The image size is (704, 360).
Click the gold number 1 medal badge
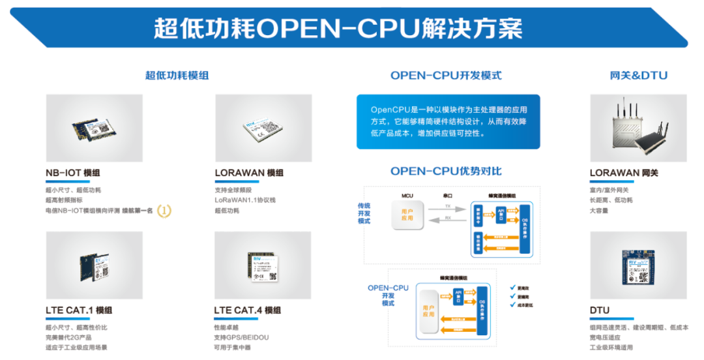coord(165,211)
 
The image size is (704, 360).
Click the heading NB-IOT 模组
coord(73,173)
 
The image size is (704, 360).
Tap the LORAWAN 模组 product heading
coord(249,173)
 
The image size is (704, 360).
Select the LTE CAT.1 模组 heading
coord(79,310)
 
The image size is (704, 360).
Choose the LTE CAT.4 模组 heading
coord(248,310)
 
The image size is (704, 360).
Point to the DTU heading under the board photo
coord(600,310)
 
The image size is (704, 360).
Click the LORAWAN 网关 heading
coord(624,173)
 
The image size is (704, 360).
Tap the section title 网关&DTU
coord(638,76)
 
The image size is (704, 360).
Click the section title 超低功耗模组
coord(177,76)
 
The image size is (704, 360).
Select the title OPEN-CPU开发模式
coord(446,76)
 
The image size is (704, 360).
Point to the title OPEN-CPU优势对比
coord(446,172)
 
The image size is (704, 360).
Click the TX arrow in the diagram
coord(447,209)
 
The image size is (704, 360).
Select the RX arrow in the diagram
coord(447,222)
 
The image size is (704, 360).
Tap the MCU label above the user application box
coord(407,195)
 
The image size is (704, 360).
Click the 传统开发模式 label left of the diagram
coord(364,213)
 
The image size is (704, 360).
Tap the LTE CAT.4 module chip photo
coord(263,265)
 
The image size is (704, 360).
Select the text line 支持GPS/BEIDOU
coord(241,337)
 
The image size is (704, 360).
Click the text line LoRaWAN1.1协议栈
coord(245,200)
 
